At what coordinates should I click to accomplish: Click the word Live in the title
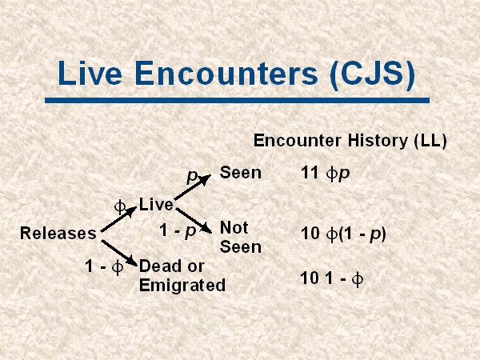(90, 74)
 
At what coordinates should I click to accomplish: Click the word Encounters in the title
(226, 74)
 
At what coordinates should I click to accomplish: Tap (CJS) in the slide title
(373, 75)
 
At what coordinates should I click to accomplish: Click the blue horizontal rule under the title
(238, 101)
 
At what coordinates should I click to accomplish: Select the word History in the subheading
(378, 141)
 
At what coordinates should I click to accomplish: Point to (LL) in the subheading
(430, 141)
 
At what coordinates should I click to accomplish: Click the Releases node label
(58, 233)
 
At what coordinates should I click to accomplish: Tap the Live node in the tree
(156, 204)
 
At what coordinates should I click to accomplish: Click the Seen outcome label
(241, 173)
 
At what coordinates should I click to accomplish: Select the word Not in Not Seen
(234, 228)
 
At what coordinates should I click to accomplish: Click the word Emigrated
(182, 286)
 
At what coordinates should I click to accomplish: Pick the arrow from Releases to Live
(118, 219)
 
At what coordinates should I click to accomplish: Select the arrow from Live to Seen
(193, 187)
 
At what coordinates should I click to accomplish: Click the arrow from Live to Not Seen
(194, 221)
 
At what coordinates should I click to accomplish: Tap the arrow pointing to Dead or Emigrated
(118, 253)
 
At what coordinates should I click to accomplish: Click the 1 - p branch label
(178, 230)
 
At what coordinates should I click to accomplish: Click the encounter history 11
(310, 173)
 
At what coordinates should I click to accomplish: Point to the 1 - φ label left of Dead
(104, 266)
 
